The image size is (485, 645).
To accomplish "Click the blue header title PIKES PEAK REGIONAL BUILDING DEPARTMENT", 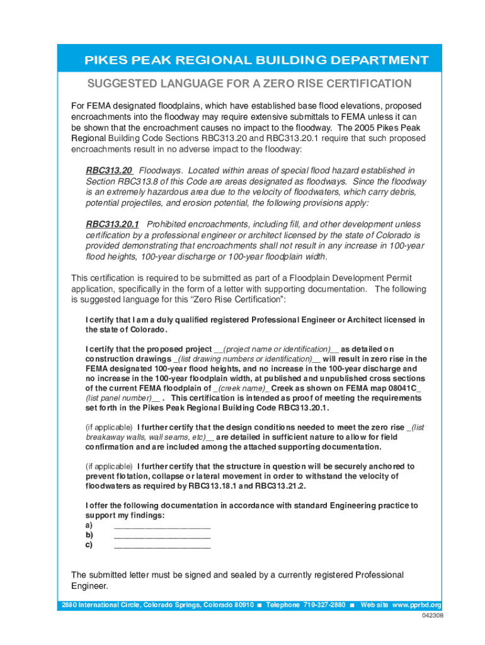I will pos(257,60).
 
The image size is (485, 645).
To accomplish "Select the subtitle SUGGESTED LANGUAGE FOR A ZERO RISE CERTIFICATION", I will pos(249,84).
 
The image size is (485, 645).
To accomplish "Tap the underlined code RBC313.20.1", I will pos(112,224).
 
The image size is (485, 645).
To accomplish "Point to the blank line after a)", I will pos(162,525).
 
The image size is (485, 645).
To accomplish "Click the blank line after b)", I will pos(162,535).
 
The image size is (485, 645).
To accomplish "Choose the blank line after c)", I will pos(162,545).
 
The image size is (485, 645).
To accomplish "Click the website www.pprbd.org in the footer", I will pos(416,605).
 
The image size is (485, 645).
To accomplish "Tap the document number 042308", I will pos(433,616).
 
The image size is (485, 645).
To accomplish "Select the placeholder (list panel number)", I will pos(122,399).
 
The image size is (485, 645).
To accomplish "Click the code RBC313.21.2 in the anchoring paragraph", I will pos(280,486).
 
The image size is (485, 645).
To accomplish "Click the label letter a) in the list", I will pos(89,525).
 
